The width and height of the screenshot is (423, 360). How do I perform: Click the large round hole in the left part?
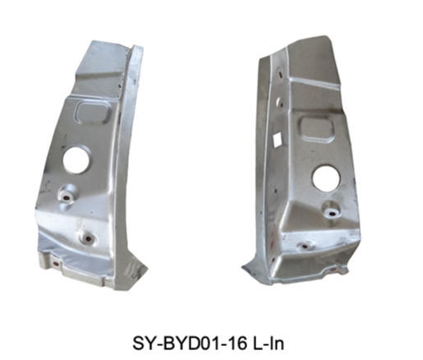click(76, 160)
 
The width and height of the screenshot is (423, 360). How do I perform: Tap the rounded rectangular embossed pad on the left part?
click(92, 113)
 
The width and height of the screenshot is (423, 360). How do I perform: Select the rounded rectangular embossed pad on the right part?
click(317, 129)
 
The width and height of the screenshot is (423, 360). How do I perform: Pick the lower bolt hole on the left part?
click(88, 239)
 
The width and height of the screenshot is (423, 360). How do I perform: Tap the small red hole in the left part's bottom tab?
click(56, 264)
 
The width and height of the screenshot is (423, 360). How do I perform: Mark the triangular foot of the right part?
click(256, 270)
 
